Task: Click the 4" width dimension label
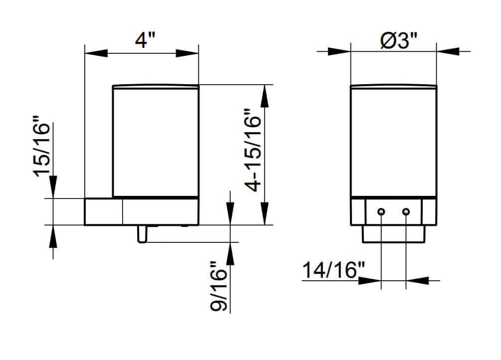(145, 40)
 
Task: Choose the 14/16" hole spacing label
(334, 270)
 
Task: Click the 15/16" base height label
(41, 146)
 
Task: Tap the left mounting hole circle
(381, 211)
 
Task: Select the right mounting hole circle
(406, 211)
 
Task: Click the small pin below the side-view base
(142, 234)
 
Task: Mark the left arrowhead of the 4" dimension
(96, 53)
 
